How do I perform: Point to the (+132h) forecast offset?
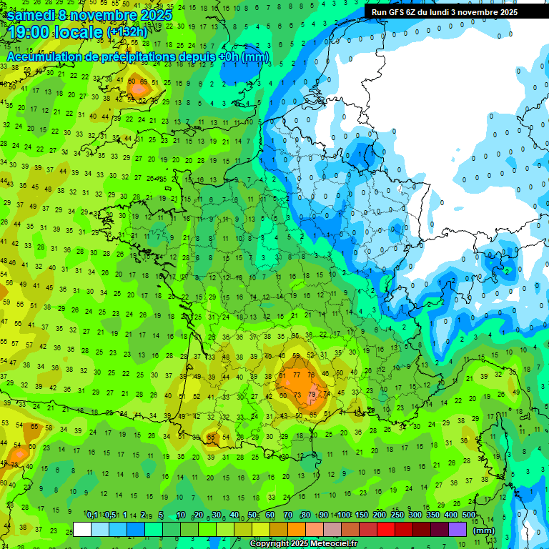pos(127,33)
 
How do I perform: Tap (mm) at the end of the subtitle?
pos(255,56)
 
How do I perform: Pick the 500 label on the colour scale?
pos(469,515)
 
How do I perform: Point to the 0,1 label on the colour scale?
pos(92,515)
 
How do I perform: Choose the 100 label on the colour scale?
pos(344,515)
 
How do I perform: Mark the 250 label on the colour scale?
pos(397,515)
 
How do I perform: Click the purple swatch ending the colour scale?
pos(457,529)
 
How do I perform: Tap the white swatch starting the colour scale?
pos(82,529)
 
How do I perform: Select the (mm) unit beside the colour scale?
pos(484,530)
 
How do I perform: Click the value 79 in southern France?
pos(312,394)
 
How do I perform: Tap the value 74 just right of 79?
pos(326,394)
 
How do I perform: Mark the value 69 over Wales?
pos(144,82)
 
